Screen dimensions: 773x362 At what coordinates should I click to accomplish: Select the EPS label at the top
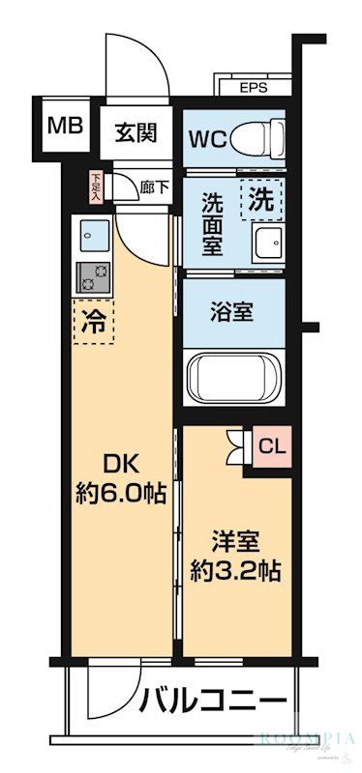click(x=254, y=85)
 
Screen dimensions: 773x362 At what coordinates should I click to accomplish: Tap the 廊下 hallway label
click(x=154, y=187)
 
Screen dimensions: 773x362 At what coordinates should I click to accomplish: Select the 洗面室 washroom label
click(x=214, y=223)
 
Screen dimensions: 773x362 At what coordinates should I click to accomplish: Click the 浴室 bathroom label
click(x=232, y=312)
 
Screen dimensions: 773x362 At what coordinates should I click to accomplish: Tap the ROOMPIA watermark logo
click(x=306, y=741)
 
